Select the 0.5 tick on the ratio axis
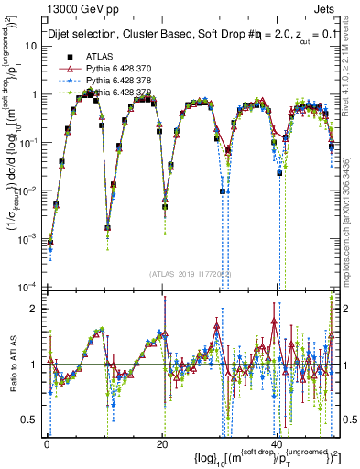[x=30, y=420]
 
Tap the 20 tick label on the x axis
[x=161, y=443]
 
